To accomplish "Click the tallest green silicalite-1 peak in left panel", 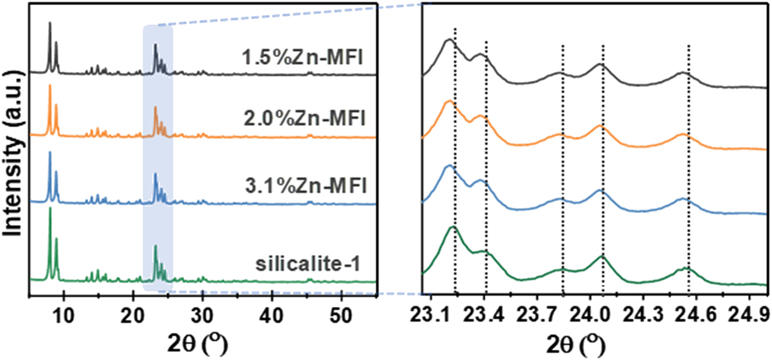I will pyautogui.click(x=50, y=209).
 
